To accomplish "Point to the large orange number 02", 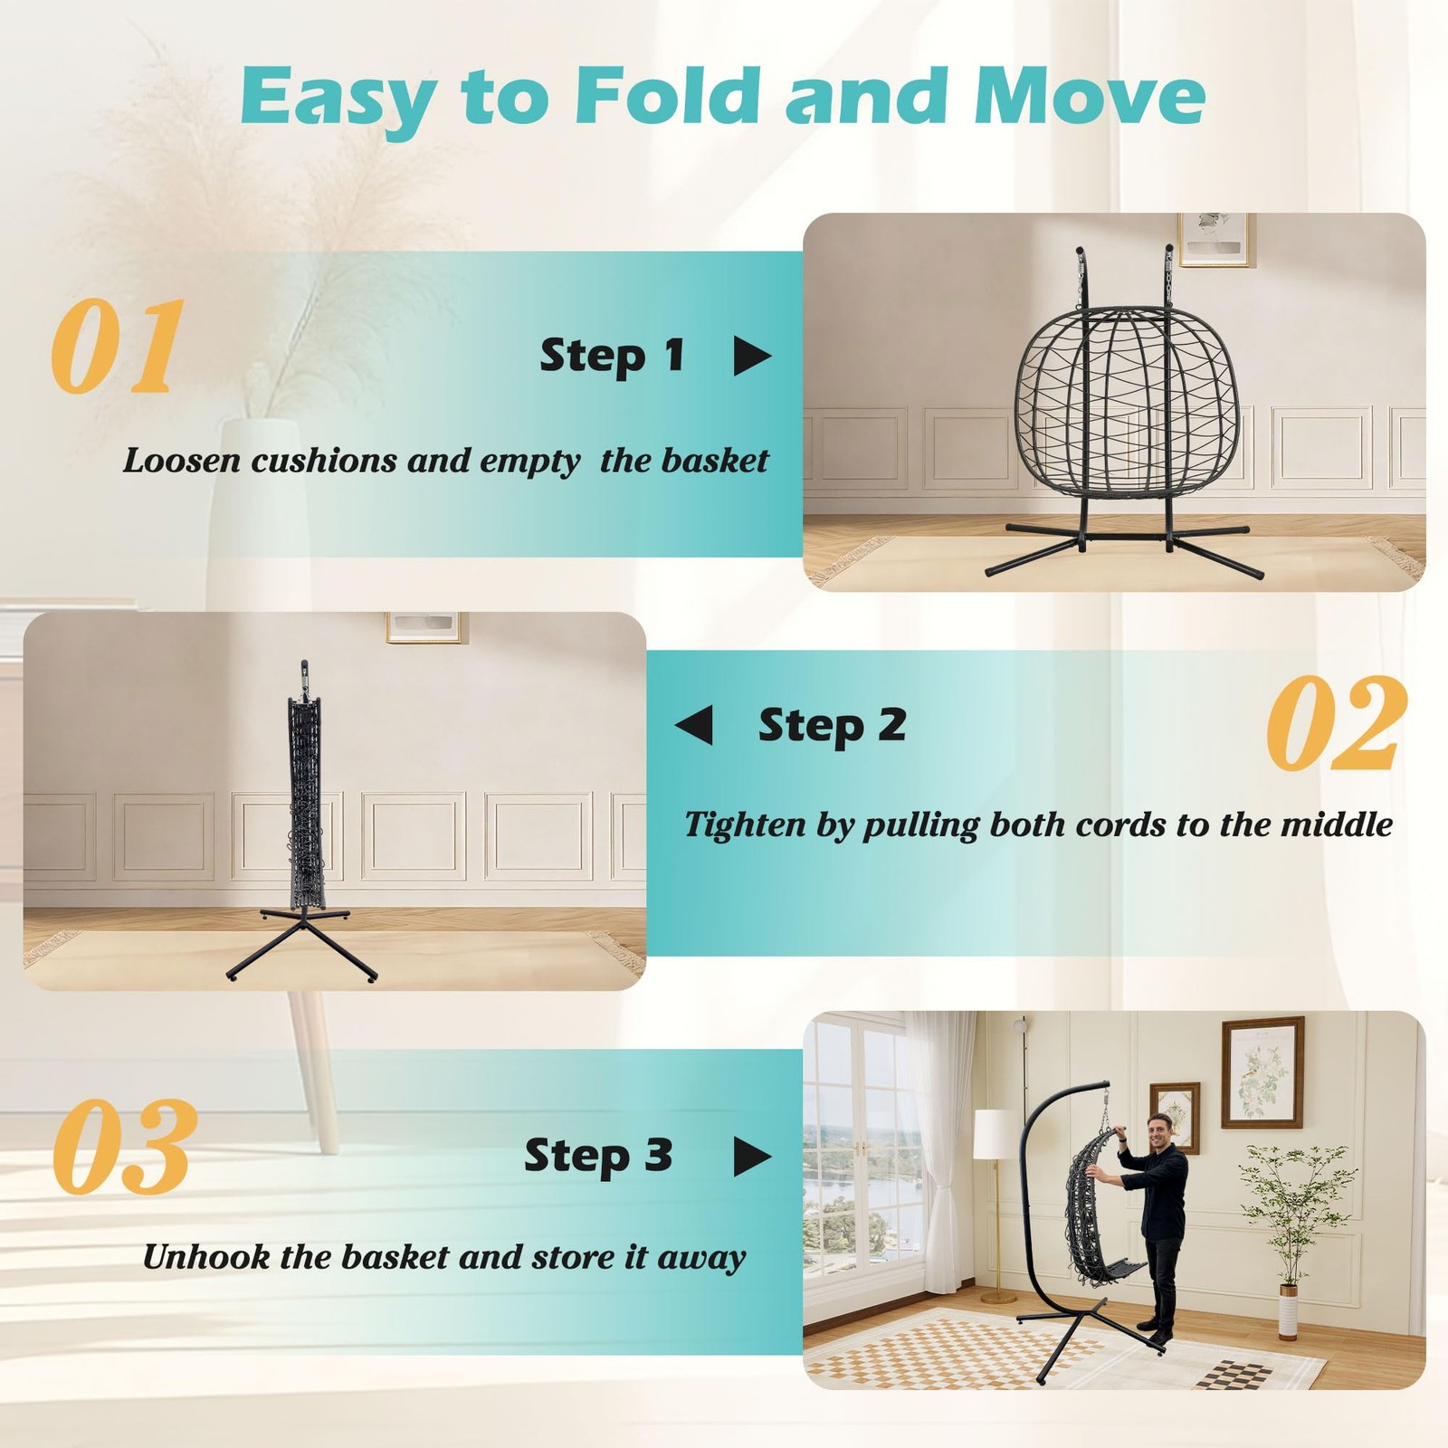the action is point(1337,723).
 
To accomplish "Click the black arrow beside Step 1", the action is point(752,356).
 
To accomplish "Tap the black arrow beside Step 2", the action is point(693,725).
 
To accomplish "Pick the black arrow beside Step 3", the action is point(752,1156).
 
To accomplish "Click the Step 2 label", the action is point(832,726).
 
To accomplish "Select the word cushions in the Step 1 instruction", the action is point(324,461).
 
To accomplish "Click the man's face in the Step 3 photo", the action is point(1161,1130).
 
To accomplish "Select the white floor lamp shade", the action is point(996,1133).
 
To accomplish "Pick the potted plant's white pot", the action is point(1288,1311).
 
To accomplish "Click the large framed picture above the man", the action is point(1262,1072).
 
